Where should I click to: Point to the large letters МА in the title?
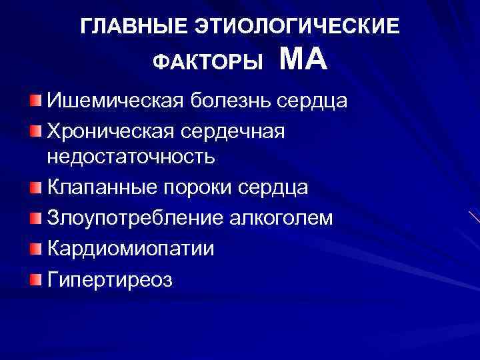303,60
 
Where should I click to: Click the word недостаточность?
131,157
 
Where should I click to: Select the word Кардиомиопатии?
131,248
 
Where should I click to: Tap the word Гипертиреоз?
110,279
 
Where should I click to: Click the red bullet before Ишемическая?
35,101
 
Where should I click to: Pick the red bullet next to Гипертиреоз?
35,277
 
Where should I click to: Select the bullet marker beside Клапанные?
35,187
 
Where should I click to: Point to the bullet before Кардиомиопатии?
35,247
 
